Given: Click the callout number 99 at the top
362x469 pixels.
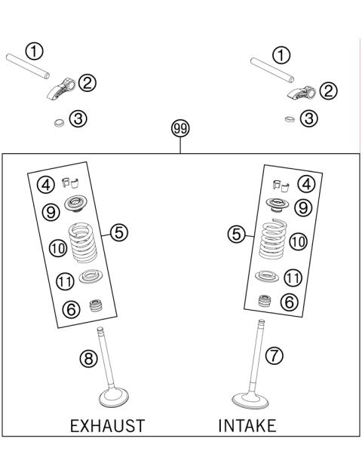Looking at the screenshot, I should (180, 129).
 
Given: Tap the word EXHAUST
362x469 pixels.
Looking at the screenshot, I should (106, 426).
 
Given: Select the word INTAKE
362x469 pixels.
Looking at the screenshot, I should (247, 426).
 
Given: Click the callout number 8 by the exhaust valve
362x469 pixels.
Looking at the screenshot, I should (89, 360).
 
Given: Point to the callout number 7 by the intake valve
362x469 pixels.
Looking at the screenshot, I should (275, 354).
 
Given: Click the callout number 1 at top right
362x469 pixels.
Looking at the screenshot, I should (281, 54).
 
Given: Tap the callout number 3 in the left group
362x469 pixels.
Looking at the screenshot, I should (78, 118).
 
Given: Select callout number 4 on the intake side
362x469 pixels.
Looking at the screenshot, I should (306, 183).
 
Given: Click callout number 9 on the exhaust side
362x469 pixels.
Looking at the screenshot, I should (51, 213).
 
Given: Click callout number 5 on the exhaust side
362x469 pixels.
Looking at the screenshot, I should (119, 232).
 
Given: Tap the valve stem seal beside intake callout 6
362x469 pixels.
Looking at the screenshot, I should (265, 302).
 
